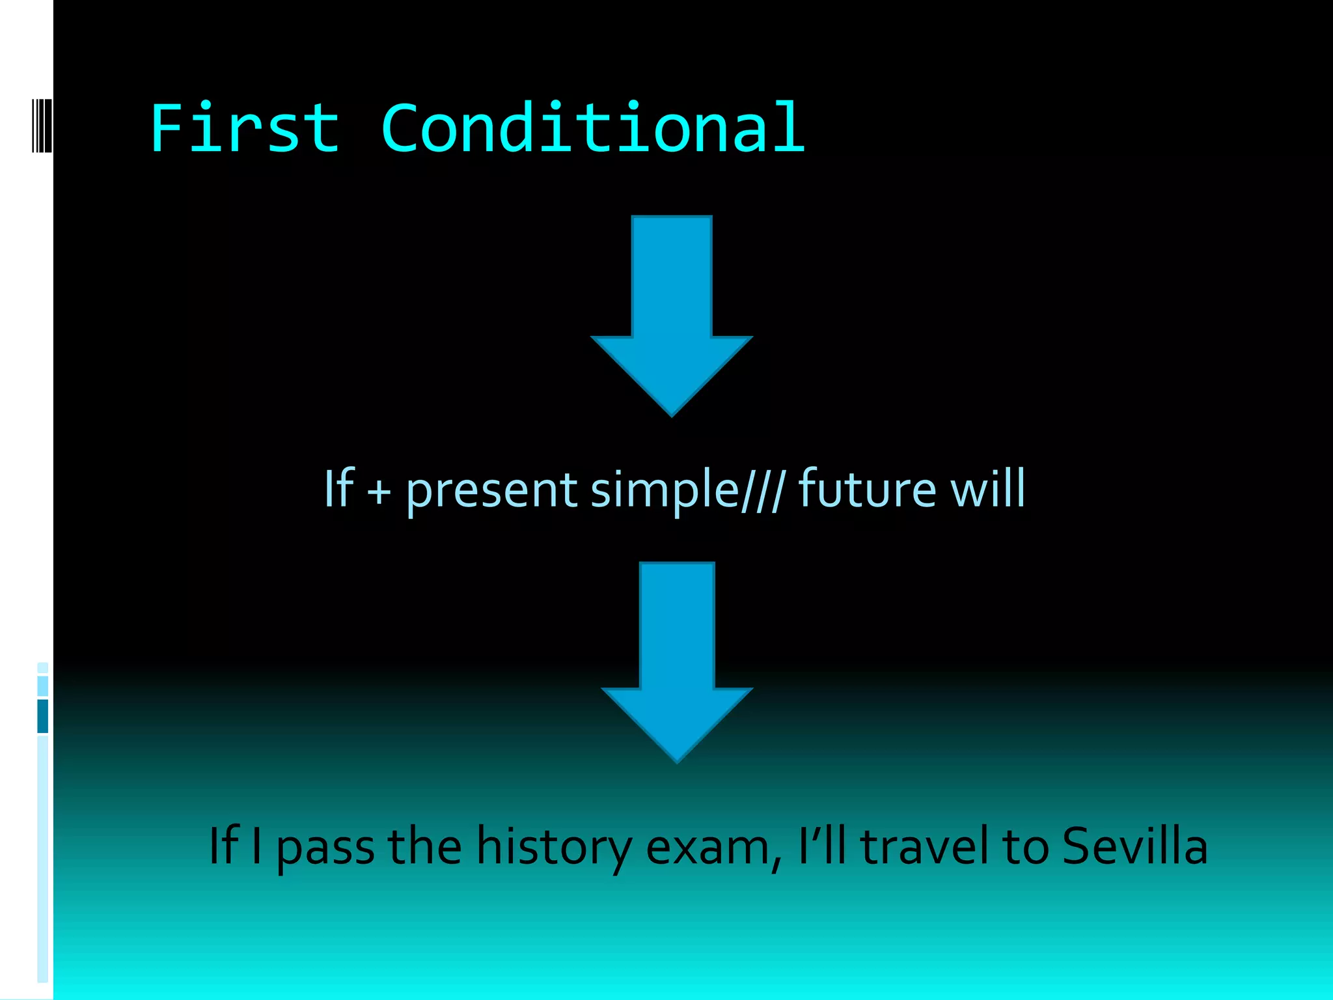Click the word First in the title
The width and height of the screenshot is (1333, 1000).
click(x=245, y=128)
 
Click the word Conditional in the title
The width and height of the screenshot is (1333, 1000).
click(x=593, y=128)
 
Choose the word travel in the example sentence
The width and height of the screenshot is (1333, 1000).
click(x=924, y=846)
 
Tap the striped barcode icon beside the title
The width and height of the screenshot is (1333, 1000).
click(x=42, y=125)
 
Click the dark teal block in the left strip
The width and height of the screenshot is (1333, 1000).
click(x=43, y=716)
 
